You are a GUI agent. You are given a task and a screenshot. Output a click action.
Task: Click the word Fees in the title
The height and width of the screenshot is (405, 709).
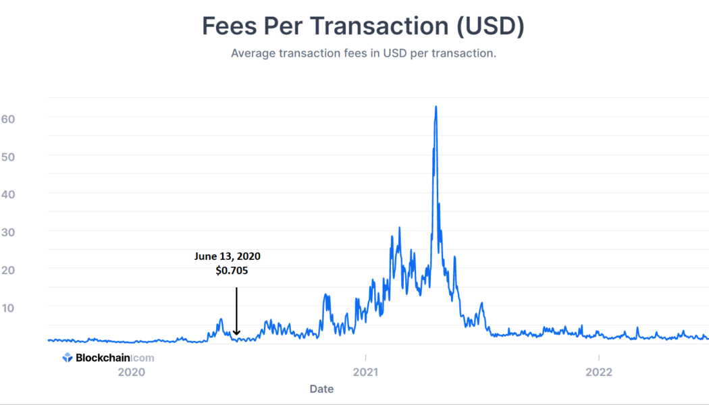230,26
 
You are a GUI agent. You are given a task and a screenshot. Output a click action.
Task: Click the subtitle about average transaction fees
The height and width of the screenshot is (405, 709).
363,53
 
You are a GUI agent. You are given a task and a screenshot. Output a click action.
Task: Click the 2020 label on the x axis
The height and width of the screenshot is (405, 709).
131,372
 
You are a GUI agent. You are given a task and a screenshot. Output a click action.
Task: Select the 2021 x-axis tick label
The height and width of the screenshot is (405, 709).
365,372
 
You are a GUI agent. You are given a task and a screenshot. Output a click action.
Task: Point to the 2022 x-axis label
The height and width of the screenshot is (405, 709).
598,372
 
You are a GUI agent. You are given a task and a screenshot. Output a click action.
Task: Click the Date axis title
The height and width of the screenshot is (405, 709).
321,389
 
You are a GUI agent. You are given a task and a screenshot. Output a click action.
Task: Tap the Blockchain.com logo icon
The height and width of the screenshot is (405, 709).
68,358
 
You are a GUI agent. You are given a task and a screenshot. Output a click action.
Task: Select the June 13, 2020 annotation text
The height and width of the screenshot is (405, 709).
227,256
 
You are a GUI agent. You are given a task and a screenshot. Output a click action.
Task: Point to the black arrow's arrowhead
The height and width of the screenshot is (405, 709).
236,331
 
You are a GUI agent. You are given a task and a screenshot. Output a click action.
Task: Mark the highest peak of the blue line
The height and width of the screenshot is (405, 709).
436,107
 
